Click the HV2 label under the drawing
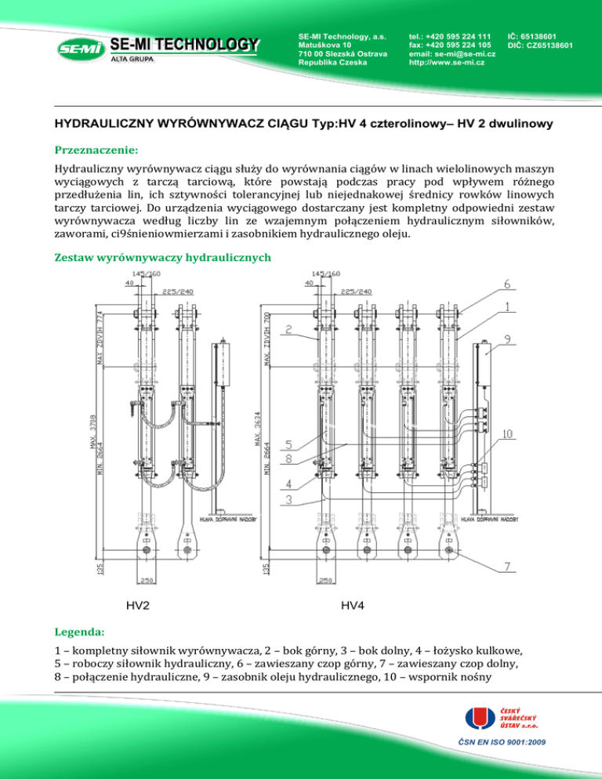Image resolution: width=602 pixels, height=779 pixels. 138,605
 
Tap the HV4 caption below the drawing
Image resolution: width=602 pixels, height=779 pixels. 353,605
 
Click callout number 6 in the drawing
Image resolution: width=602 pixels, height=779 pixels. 507,284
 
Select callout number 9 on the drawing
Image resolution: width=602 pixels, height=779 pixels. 508,340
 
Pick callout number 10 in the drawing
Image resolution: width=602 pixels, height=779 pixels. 508,433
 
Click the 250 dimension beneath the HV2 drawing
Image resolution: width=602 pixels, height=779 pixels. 147,582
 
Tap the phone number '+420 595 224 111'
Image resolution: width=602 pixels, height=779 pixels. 461,36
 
